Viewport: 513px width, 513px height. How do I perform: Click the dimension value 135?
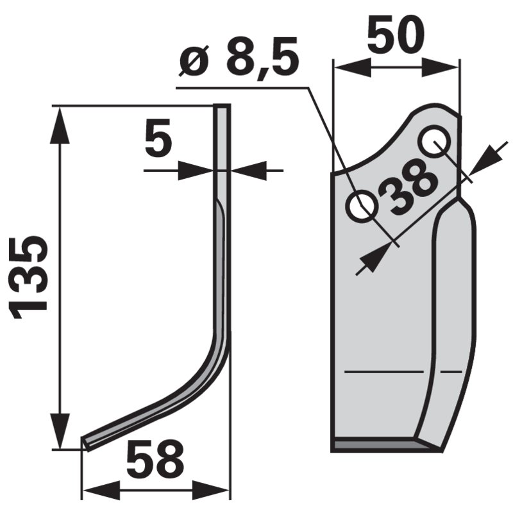tap(31, 274)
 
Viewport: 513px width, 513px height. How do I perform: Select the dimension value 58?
tap(155, 460)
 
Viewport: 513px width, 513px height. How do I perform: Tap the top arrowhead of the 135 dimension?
tap(60, 122)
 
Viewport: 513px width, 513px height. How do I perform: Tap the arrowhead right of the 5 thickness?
tap(248, 171)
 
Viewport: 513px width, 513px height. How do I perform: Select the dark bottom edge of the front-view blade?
tap(378, 444)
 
